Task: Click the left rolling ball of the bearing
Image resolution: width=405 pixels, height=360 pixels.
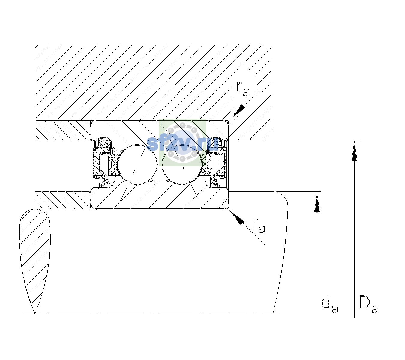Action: coord(137,164)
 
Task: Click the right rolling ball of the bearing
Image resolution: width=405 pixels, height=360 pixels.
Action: coord(182,164)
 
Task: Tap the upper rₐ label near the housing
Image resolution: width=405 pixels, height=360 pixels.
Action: coord(243,89)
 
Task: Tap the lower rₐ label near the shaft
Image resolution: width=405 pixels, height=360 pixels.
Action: coord(259,226)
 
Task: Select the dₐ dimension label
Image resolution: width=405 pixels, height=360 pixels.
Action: coord(330,306)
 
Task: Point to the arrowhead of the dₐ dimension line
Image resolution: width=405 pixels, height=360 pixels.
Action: coord(317,203)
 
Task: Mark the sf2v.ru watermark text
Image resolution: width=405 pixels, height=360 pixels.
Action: coord(182,143)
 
